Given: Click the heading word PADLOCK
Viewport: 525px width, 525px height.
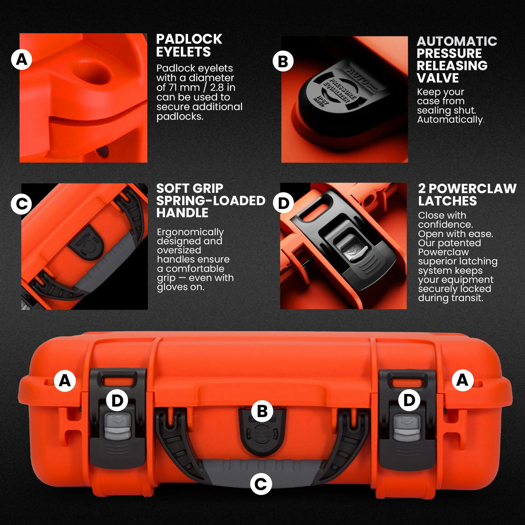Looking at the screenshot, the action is [189, 39].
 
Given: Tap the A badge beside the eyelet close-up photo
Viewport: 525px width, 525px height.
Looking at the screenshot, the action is [21, 59].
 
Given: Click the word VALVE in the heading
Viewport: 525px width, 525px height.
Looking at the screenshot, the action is [438, 78].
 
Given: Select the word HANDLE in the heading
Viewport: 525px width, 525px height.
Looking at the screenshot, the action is [182, 213].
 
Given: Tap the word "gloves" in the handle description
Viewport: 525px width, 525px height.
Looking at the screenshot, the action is [172, 287].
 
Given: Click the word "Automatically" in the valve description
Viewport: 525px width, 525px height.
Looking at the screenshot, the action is [450, 120].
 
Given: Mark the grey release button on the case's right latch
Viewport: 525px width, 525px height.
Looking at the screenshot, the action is [407, 428].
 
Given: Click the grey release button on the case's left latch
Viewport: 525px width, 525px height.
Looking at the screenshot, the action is [117, 426].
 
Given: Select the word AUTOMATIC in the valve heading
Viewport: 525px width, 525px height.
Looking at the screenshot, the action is [457, 41].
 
